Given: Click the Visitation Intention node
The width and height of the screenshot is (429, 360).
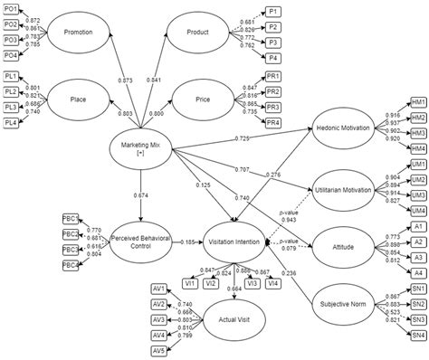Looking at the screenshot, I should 235,242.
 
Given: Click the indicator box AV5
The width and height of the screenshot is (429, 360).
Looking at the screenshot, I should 159,351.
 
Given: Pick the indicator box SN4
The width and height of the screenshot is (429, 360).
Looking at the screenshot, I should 418,336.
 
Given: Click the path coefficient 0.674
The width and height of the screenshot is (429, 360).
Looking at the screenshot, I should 141,194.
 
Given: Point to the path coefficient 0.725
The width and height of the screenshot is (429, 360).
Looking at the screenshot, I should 243,137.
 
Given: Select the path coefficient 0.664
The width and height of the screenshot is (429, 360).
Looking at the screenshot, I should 234,289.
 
